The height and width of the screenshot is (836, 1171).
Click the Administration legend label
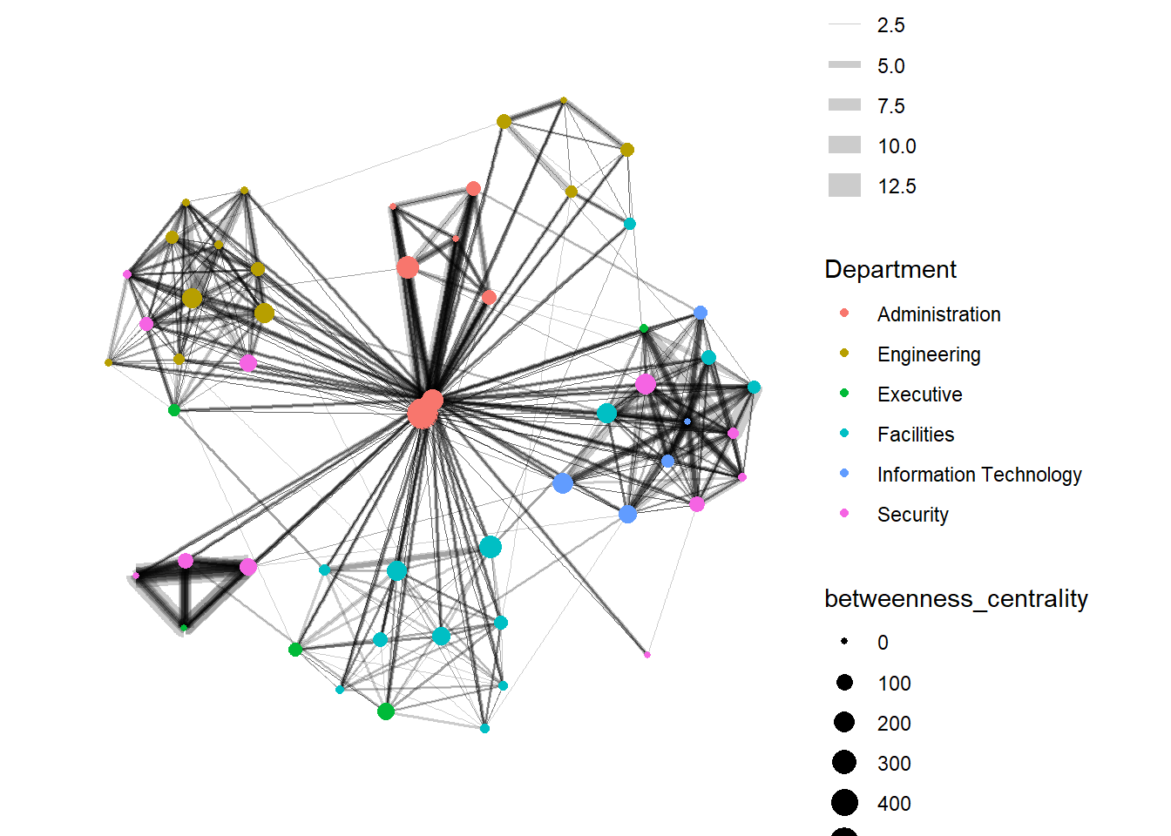pos(938,314)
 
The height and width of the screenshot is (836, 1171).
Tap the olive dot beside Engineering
pos(843,353)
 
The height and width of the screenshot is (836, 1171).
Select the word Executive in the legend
pos(919,394)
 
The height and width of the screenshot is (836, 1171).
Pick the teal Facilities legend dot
pos(843,433)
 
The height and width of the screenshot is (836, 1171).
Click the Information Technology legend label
pos(978,475)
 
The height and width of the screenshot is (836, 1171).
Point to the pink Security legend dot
pos(843,513)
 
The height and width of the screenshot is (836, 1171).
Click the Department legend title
pos(890,269)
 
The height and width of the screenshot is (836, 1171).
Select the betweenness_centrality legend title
pos(956,598)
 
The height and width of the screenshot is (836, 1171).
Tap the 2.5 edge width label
pos(890,25)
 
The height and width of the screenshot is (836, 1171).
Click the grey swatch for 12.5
pos(844,185)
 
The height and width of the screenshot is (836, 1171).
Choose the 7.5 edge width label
pos(890,106)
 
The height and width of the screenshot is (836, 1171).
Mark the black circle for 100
pos(844,683)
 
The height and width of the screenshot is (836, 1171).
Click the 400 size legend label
pos(894,804)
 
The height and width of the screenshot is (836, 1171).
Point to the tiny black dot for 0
pos(844,642)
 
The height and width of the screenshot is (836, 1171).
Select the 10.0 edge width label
pos(897,146)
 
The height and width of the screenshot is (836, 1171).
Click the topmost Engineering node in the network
pos(564,100)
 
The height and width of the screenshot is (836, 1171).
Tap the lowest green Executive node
pos(386,711)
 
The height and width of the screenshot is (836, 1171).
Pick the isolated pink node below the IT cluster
pos(646,654)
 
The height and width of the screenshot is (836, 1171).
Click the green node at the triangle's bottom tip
pos(184,627)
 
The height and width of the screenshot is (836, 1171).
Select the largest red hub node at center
pos(422,414)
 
